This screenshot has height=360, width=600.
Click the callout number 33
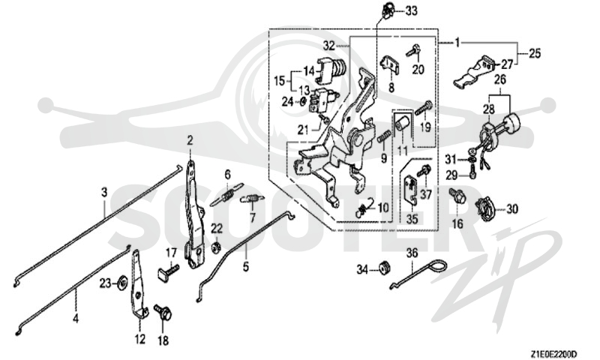tap(411, 11)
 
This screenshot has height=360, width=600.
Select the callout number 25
tap(535, 53)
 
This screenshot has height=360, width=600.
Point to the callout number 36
tap(412, 253)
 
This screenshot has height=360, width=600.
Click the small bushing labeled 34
tap(383, 267)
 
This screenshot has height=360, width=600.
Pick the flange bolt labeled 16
tap(458, 196)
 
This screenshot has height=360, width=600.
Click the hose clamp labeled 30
tap(485, 209)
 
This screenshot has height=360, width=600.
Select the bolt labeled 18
tap(162, 312)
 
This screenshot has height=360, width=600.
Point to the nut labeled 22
tap(217, 247)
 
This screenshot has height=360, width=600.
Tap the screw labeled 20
tap(415, 50)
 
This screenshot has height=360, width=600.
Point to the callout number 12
tap(140, 338)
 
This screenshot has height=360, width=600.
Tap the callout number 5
tap(246, 266)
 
